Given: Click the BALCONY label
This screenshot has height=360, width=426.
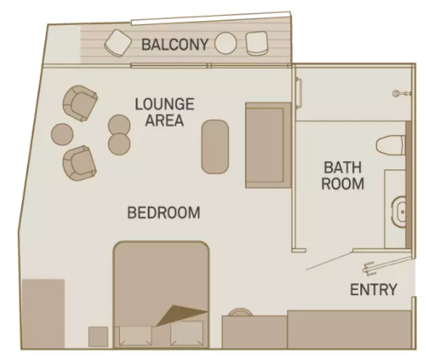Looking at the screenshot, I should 174,45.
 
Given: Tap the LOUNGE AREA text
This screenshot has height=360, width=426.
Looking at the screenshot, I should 164,113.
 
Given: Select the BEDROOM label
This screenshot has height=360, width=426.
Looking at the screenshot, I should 164,212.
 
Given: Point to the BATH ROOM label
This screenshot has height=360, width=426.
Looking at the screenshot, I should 344,175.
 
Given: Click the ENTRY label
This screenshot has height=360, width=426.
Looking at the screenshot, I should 373,290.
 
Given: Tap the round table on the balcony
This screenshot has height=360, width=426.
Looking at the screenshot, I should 226,43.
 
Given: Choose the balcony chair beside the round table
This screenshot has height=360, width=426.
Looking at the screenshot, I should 256,43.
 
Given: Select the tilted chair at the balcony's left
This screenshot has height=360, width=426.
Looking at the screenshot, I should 119,42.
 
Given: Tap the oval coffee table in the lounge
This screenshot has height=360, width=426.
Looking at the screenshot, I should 215,147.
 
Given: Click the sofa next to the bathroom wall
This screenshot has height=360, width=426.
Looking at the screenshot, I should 268,145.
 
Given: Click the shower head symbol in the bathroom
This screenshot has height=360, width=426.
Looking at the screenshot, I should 400,93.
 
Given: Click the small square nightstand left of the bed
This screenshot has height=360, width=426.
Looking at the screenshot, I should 98,338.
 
